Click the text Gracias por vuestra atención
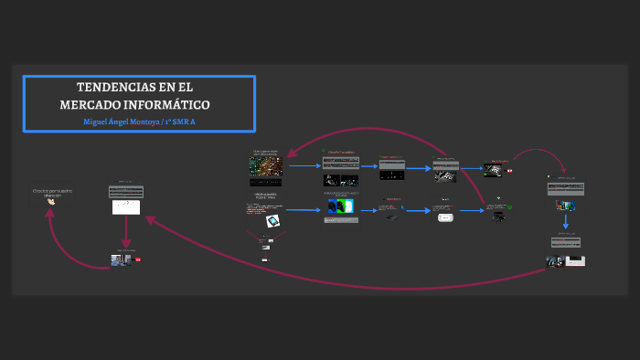[x=52, y=192]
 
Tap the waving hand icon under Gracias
[x=51, y=202]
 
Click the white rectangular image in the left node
[x=126, y=206]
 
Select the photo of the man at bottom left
[x=118, y=260]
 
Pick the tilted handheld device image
[x=272, y=221]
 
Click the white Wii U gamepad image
[x=445, y=217]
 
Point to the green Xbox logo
[x=509, y=207]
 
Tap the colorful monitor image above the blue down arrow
[x=566, y=206]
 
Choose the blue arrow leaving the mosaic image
[x=304, y=166]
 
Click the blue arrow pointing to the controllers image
[x=306, y=210]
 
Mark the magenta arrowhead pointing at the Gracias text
[x=50, y=211]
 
